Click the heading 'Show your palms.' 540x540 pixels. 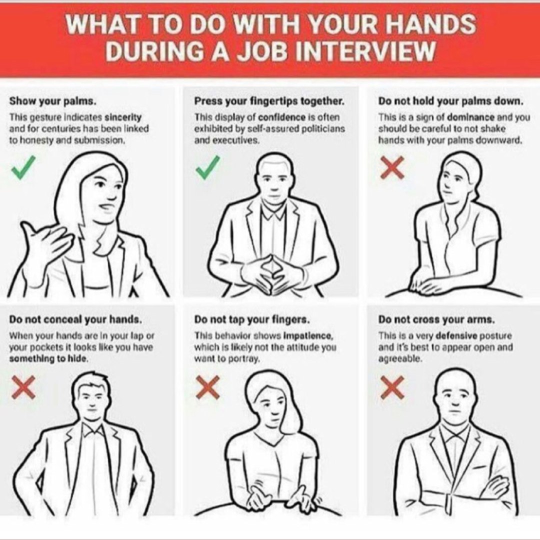click(x=52, y=101)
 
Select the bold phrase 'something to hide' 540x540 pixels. click(x=48, y=358)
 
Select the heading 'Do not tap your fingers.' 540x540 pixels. click(x=251, y=319)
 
